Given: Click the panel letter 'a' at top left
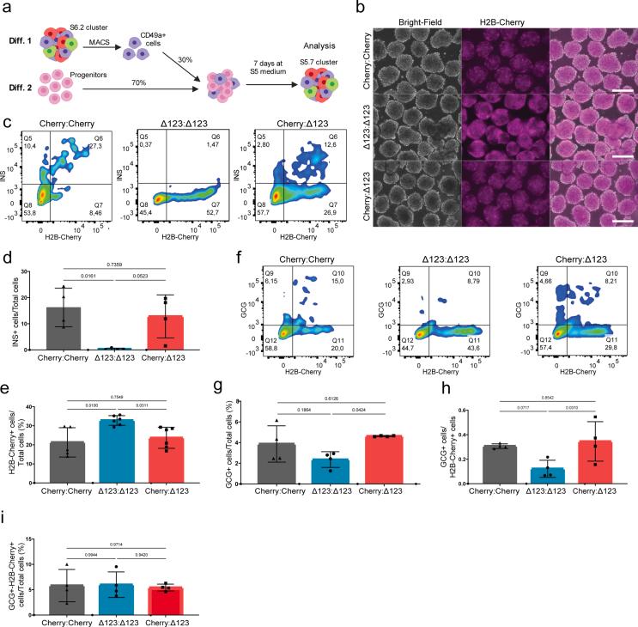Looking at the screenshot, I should point(6,7).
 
